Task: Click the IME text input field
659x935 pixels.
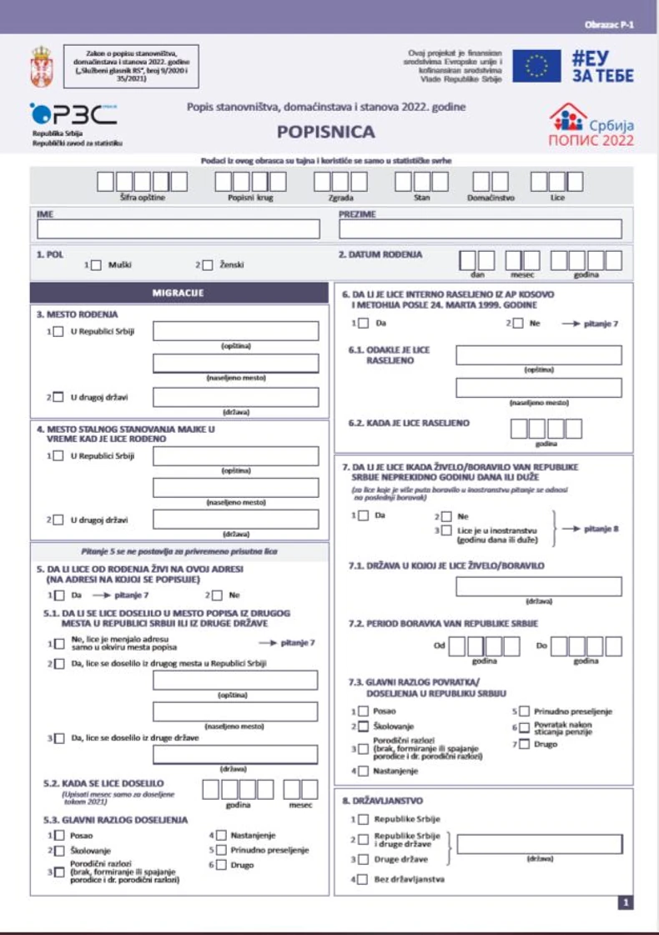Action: (178, 229)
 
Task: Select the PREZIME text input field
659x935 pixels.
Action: (480, 229)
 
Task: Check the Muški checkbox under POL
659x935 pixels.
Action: (96, 264)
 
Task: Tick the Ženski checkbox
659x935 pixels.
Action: (208, 264)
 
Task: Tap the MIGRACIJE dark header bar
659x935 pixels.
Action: (178, 293)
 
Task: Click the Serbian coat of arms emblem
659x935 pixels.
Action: (40, 67)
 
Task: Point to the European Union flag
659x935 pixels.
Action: (536, 66)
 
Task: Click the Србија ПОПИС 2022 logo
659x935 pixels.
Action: (591, 124)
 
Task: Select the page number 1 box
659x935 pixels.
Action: (626, 902)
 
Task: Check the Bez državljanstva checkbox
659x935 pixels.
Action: (363, 879)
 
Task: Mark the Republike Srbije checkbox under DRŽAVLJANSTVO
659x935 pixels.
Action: (363, 819)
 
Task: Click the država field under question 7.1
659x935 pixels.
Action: (538, 586)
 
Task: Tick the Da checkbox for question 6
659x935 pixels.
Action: (363, 323)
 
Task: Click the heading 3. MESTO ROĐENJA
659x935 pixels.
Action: (77, 314)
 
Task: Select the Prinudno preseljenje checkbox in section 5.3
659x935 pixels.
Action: (220, 850)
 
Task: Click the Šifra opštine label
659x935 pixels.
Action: (143, 197)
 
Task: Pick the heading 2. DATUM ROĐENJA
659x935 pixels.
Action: (380, 254)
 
